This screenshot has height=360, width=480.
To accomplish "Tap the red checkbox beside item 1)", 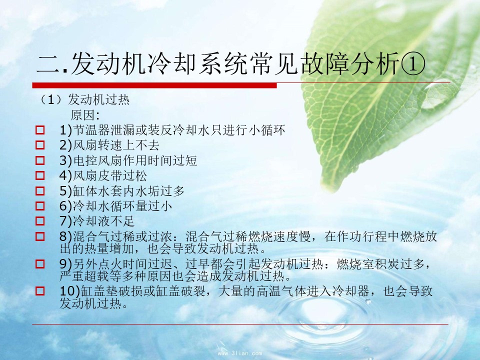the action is pyautogui.click(x=40, y=130).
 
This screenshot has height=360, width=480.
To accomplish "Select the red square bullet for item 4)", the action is pyautogui.click(x=40, y=175).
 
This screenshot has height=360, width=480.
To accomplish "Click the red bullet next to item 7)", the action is pyautogui.click(x=40, y=221).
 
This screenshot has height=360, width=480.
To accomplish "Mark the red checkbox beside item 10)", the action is pyautogui.click(x=40, y=291).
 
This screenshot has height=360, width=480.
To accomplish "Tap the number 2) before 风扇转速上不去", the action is pyautogui.click(x=65, y=145).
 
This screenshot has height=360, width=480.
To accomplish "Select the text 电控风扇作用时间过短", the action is pyautogui.click(x=135, y=160).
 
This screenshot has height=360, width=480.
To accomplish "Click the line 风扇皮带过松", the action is pyautogui.click(x=109, y=175).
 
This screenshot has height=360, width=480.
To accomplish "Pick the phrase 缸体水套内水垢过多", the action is pyautogui.click(x=128, y=190).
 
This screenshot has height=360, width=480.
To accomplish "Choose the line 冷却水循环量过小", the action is pyautogui.click(x=122, y=206).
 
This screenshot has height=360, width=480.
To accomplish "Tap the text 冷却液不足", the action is pyautogui.click(x=103, y=221).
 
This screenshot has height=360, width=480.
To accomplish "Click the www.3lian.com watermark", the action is pyautogui.click(x=240, y=353).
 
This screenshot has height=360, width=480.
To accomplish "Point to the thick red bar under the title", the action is pyautogui.click(x=154, y=85).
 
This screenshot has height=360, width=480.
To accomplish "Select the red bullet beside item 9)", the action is pyautogui.click(x=40, y=264).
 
